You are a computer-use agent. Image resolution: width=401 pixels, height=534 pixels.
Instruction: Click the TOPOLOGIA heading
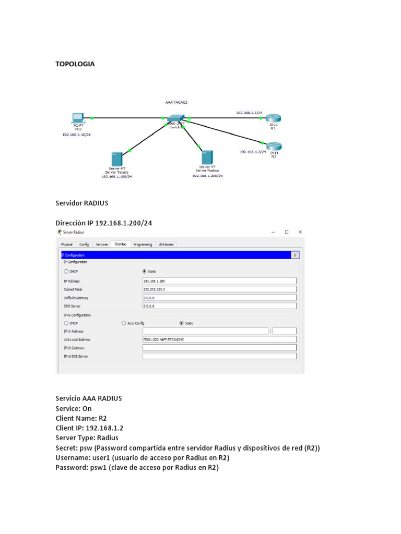coord(75,64)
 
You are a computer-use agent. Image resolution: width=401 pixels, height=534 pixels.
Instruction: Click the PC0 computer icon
coord(78,117)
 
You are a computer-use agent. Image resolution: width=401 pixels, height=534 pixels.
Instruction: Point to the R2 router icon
coord(275,146)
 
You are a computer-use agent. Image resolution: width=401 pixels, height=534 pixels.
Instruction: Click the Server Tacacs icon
coord(116,160)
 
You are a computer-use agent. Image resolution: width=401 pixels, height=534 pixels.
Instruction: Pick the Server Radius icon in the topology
coord(207,157)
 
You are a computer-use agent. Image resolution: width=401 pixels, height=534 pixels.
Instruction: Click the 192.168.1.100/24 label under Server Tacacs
coord(116,177)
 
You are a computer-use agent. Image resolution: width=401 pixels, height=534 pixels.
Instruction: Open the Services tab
coord(102,244)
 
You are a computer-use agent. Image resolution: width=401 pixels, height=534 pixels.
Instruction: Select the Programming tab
coord(143,244)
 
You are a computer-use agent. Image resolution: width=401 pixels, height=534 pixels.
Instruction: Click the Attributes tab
coord(166,244)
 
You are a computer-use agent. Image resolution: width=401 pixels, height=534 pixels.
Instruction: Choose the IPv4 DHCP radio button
coord(66,271)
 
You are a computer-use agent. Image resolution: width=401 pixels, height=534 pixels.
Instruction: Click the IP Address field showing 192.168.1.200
coord(219,281)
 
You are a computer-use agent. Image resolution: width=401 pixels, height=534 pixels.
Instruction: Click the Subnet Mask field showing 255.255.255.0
coord(219,289)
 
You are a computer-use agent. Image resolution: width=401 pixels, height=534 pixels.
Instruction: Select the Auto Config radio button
coord(124,323)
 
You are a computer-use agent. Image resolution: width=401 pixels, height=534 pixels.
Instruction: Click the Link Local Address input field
coord(219,339)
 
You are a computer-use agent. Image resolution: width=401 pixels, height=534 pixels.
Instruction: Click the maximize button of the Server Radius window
coord(287,232)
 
